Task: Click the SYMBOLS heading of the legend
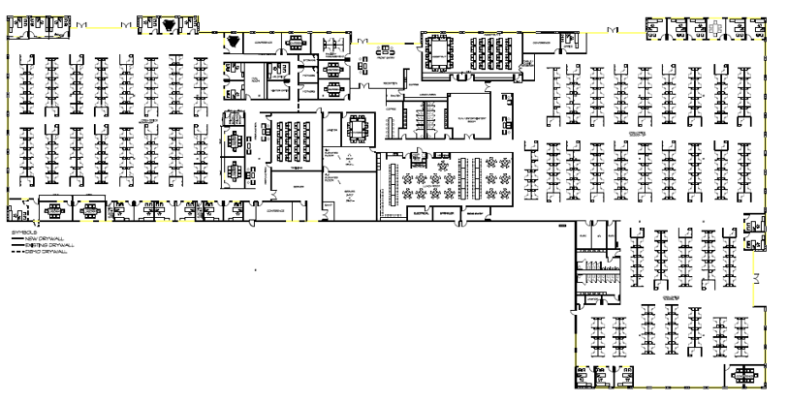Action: [20, 232]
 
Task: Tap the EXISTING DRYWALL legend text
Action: [40, 244]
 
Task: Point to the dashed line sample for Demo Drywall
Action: [16, 250]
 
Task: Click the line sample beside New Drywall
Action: [16, 238]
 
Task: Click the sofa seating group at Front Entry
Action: [383, 46]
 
